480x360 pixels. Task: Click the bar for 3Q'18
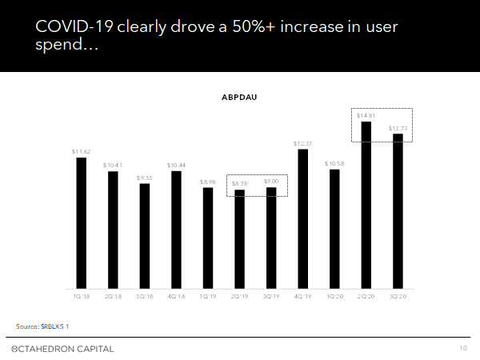(144, 236)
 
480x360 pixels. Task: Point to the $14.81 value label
(366, 115)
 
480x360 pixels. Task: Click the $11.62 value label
(81, 151)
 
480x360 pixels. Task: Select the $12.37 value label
(302, 143)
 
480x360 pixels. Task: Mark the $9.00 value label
(270, 182)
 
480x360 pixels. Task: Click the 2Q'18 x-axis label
(113, 296)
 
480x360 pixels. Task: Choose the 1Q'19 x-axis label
(207, 296)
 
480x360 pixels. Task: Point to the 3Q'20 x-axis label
(397, 296)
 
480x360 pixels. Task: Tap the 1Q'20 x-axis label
(334, 296)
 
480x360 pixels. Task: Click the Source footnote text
(47, 326)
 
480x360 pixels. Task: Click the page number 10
(463, 349)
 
